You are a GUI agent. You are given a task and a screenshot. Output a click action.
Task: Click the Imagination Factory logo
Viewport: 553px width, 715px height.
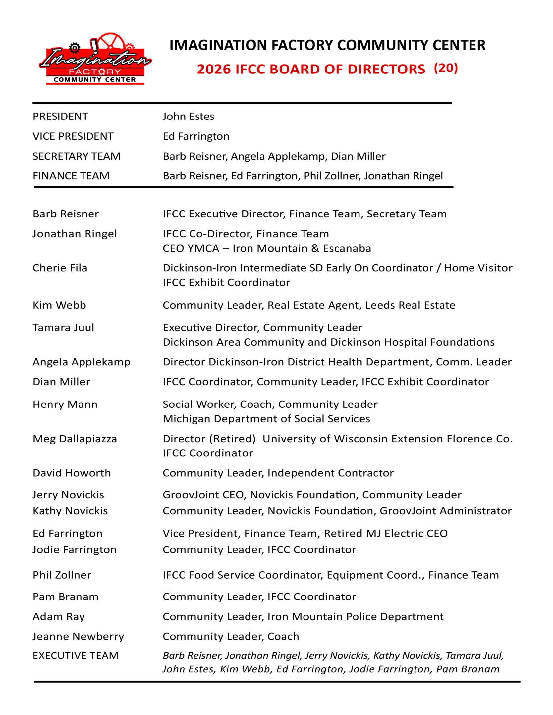pos(95,60)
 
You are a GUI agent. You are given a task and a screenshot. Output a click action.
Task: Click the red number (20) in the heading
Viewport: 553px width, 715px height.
pos(446,68)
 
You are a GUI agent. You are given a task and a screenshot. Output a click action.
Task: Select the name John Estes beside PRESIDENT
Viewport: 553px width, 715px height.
pos(188,117)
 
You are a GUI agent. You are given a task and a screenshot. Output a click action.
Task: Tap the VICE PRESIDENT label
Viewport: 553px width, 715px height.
pos(73,136)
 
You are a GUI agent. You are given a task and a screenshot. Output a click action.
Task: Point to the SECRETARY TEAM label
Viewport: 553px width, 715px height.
pos(76,156)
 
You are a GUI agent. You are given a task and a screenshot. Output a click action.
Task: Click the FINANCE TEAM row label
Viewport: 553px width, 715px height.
pos(71,176)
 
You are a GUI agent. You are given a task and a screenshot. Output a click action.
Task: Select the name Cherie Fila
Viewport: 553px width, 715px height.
pos(60,268)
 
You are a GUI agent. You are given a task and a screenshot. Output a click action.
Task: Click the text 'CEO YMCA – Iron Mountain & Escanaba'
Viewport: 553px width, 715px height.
pos(267,248)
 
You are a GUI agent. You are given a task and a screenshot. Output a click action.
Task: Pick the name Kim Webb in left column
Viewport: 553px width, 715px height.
pos(59,305)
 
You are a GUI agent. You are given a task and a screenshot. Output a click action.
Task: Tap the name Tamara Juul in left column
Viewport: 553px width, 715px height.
pos(63,327)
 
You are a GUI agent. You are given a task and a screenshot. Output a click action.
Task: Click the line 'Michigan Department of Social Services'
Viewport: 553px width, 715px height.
pos(266,419)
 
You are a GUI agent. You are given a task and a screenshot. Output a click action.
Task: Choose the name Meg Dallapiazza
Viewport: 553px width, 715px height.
pos(75,439)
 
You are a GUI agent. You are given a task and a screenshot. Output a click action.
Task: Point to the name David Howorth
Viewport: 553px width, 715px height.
pos(72,473)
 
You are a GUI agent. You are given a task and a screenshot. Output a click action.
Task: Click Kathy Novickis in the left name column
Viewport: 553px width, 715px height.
pos(70,511)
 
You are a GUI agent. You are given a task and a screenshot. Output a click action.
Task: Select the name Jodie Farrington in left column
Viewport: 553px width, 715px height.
pos(75,549)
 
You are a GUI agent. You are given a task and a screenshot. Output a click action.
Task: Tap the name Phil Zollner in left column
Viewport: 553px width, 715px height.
pos(62,575)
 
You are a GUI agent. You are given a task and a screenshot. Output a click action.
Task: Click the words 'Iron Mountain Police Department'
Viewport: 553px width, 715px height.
pos(355,616)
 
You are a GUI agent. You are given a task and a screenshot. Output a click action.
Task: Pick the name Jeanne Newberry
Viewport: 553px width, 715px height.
pos(78,636)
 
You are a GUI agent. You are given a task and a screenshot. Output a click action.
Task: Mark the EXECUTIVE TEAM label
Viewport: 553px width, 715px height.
pos(76,655)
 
